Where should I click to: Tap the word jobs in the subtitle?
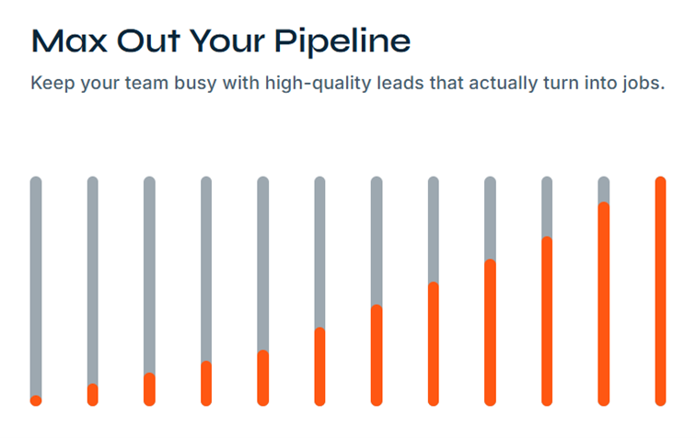point(640,84)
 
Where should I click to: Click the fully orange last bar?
point(660,290)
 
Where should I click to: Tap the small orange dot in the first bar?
point(36,400)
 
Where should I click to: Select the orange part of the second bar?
point(93,395)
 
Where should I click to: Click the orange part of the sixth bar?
point(319,366)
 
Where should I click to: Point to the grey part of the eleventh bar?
point(603,189)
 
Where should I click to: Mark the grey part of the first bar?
point(36,285)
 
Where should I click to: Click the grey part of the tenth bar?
point(547,206)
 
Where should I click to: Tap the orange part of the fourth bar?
point(206,383)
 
